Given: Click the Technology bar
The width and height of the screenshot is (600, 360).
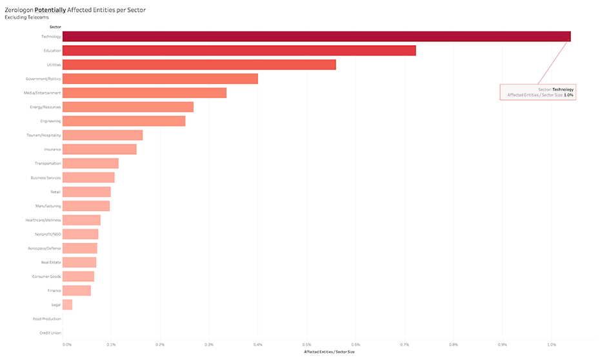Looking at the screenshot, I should click(x=316, y=36).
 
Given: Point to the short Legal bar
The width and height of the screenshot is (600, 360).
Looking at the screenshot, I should click(x=67, y=305).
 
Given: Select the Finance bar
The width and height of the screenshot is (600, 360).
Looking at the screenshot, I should click(x=77, y=290).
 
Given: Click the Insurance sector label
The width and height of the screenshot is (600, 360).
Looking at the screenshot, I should click(x=52, y=150).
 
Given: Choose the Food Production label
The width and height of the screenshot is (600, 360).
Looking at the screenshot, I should click(x=47, y=319).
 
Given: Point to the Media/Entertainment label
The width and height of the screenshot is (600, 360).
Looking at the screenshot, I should click(x=43, y=93).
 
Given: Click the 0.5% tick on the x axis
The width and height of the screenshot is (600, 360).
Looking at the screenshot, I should click(x=307, y=345).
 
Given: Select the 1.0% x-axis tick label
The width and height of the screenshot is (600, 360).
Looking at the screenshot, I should click(x=552, y=345).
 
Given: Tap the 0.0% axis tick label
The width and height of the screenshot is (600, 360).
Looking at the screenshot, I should click(x=68, y=345).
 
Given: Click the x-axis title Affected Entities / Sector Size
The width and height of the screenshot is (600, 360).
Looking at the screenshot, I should click(x=329, y=352).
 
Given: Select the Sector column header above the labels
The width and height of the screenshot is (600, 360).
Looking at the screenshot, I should click(x=55, y=27).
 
